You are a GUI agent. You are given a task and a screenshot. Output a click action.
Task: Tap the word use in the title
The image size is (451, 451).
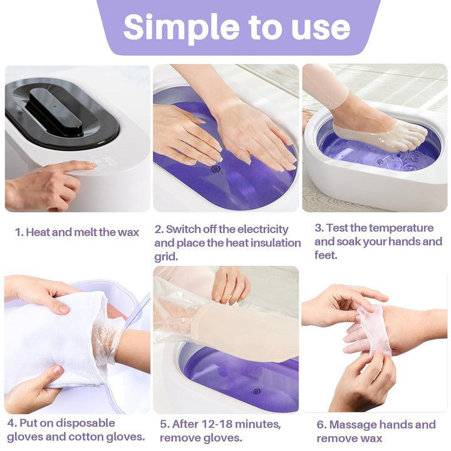(316, 27)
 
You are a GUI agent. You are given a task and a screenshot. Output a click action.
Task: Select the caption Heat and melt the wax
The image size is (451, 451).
(83, 232)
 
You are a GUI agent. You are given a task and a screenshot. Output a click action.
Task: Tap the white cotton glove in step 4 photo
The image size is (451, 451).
(50, 338)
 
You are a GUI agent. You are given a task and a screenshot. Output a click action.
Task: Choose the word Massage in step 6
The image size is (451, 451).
(355, 425)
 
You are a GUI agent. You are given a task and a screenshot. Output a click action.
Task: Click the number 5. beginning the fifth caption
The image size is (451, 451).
(164, 424)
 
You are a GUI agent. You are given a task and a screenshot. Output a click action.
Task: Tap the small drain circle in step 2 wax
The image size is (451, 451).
(215, 168)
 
